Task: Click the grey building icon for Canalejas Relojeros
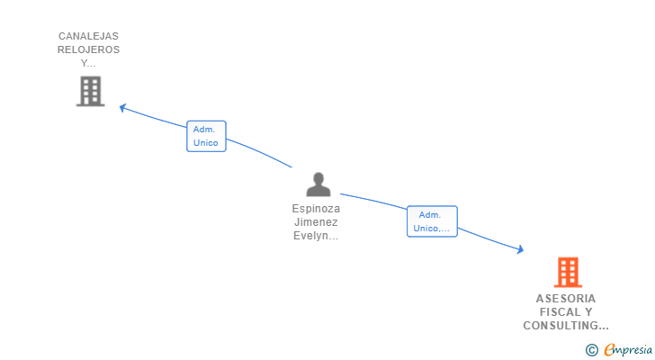coord(90,92)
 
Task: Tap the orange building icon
coord(567,272)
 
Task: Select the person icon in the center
coord(318,184)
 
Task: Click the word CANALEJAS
coord(89,36)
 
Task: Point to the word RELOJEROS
coord(89,49)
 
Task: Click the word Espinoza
coord(316,208)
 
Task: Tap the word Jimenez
coord(316,221)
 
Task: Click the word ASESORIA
coord(566,299)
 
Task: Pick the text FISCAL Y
coord(566,312)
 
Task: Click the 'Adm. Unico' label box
coord(206,136)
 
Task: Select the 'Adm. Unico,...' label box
coord(432,221)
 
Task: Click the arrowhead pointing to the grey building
coord(123,108)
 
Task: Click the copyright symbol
coord(591,350)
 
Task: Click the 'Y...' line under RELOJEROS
coord(88,63)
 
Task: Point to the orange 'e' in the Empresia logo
coord(609,350)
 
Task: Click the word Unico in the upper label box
coord(206,142)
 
